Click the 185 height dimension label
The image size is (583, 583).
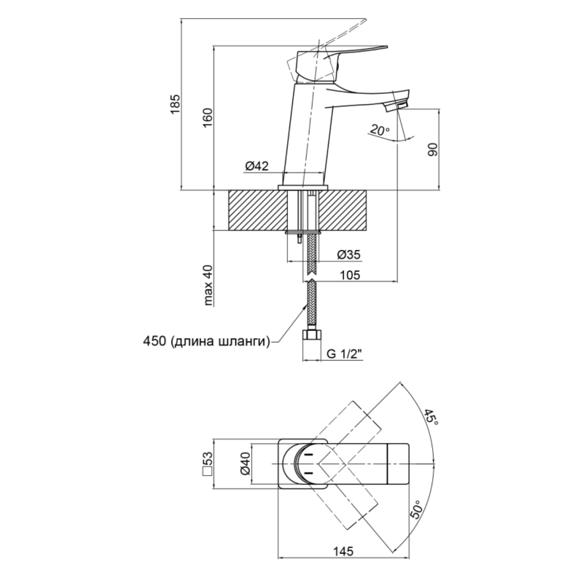pos(175,104)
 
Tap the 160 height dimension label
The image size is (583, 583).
pos(208,117)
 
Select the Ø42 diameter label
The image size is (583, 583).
pos(257,166)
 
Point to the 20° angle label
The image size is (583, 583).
pos(380,130)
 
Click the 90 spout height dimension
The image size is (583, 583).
pos(432,149)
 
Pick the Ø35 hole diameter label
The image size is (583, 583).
pos(349,254)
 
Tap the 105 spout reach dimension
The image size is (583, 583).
pos(350,275)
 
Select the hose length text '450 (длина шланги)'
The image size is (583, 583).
pos(206,341)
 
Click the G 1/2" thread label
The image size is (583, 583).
pos(344,353)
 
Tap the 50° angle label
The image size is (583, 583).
pos(417,509)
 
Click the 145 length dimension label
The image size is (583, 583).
pos(343,551)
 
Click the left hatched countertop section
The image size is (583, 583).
pos(258,210)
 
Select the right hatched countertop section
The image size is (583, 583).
pos(343,210)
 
